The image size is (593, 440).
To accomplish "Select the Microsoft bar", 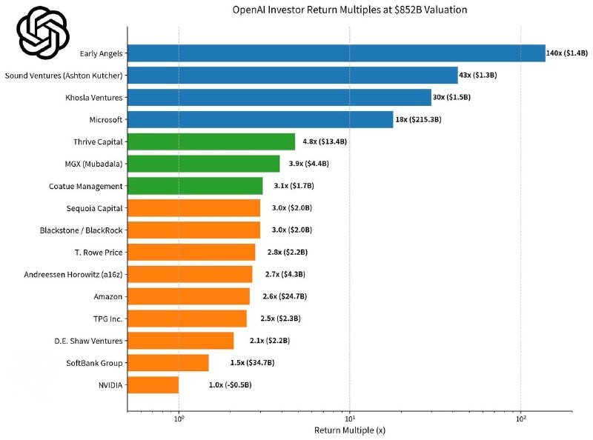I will coord(260,119).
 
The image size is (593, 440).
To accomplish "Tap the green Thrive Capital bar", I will coord(211,141).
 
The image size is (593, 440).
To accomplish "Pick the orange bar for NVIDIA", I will coord(153,385).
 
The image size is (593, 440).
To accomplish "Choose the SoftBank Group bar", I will coord(168,363).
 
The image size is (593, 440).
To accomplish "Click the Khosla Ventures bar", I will coord(279,98).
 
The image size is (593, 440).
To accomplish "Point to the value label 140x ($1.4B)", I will coord(567,53).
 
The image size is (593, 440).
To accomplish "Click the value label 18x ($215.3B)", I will coord(419,119).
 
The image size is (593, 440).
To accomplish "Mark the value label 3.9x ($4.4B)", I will coord(309,164).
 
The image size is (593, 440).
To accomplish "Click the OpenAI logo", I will coord(43,34).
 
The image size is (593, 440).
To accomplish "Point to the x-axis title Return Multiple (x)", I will coord(350,430).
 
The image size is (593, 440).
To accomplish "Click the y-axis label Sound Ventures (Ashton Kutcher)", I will coord(64,76).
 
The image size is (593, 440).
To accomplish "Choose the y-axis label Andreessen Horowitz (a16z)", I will coord(74,275).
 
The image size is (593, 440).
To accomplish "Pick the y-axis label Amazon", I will coord(109,297).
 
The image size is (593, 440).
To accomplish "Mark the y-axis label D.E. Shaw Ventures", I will coord(88,341).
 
